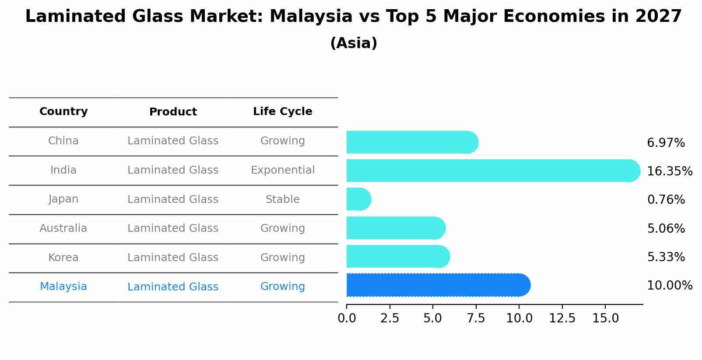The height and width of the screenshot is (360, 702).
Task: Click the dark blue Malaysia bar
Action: pyautogui.click(x=438, y=285)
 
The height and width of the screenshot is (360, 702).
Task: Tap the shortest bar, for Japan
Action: pyautogui.click(x=358, y=199)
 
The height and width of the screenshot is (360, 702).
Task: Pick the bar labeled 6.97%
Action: pyautogui.click(x=411, y=142)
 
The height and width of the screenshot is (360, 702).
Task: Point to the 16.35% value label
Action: pyautogui.click(x=669, y=171)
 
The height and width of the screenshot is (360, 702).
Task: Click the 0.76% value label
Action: pyautogui.click(x=666, y=200)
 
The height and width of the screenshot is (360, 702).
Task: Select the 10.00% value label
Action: pyautogui.click(x=669, y=286)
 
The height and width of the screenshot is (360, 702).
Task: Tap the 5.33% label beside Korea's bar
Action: pyautogui.click(x=666, y=257)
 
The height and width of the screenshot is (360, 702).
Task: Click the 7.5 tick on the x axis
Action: pyautogui.click(x=476, y=318)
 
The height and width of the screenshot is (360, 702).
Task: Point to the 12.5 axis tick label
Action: pyautogui.click(x=562, y=318)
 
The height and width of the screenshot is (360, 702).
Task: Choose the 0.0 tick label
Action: pyautogui.click(x=347, y=318)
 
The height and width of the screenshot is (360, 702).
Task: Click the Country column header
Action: pyautogui.click(x=63, y=112)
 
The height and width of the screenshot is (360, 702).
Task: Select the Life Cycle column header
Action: pyautogui.click(x=282, y=112)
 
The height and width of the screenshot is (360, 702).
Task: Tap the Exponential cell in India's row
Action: pyautogui.click(x=282, y=170)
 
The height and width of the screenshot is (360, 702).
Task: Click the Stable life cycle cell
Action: pyautogui.click(x=282, y=199)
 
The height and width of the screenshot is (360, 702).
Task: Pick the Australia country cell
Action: pyautogui.click(x=63, y=228)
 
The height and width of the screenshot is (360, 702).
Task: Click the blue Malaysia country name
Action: pyautogui.click(x=63, y=287)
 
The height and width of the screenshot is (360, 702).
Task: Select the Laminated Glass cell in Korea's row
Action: pyautogui.click(x=173, y=258)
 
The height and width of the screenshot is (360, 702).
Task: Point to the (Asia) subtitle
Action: pyautogui.click(x=354, y=43)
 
